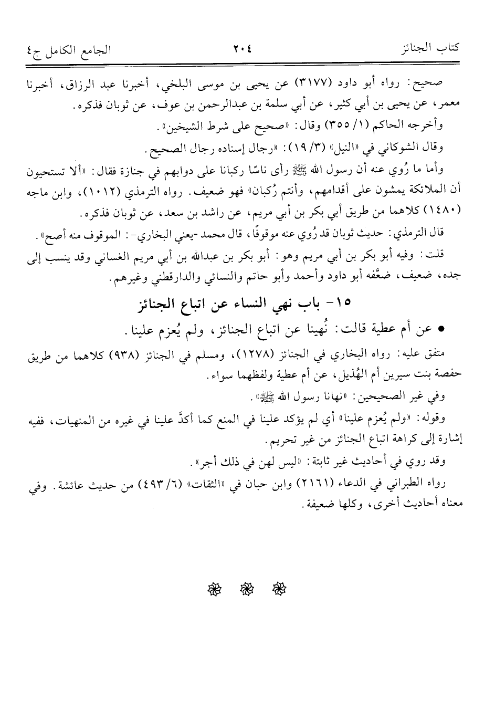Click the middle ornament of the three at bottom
point(242,589)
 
